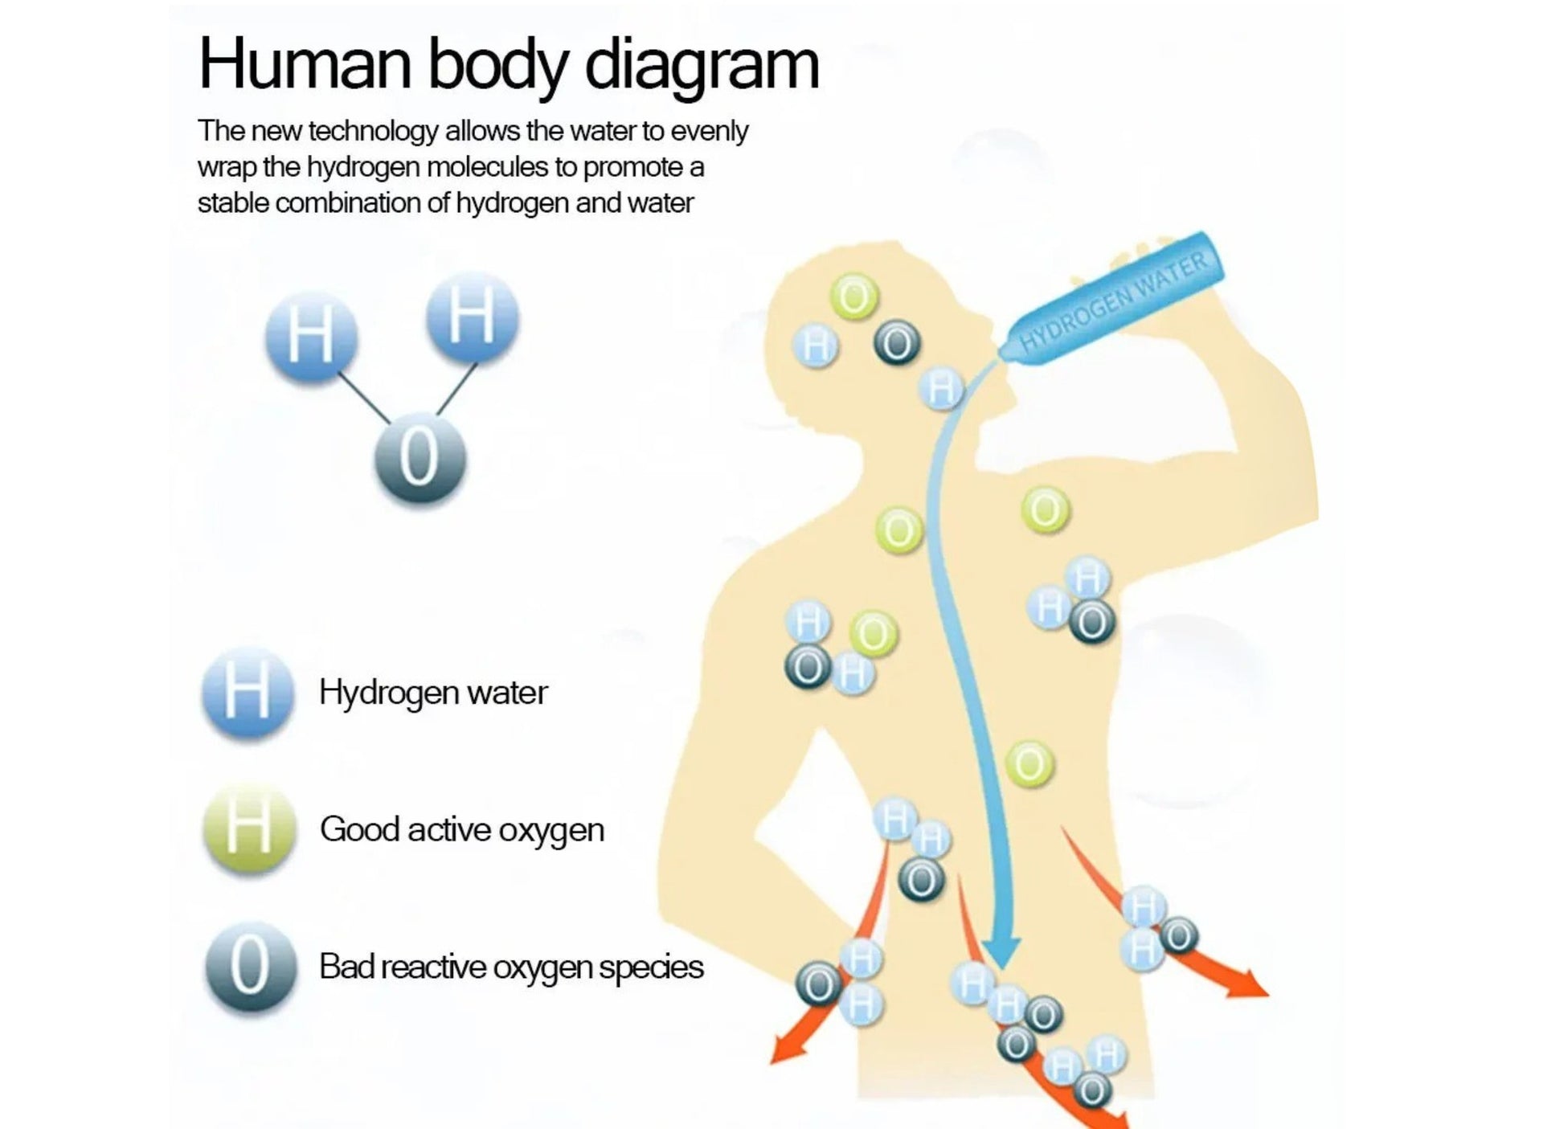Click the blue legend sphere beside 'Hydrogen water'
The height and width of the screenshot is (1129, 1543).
point(248,693)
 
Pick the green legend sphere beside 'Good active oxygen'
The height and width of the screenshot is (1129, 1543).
point(249,829)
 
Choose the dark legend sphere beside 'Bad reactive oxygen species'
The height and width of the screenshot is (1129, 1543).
point(250,967)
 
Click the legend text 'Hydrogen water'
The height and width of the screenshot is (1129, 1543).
point(433,693)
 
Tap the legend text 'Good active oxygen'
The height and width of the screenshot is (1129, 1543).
point(462,829)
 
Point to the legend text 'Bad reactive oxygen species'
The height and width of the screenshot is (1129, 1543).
point(511,967)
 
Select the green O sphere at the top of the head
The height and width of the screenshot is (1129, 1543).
point(854,297)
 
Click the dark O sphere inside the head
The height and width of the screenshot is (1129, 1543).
point(897,344)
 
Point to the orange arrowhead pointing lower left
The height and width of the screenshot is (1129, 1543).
point(784,1049)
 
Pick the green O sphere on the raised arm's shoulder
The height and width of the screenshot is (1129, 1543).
point(1046,509)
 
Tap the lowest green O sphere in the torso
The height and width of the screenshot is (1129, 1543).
point(1029,763)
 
